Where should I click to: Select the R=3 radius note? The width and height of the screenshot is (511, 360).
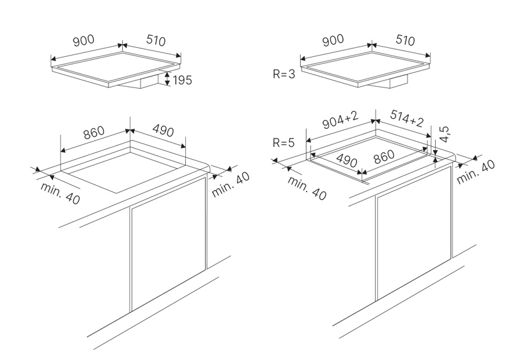[283, 75]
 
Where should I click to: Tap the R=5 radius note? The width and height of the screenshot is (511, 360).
[283, 143]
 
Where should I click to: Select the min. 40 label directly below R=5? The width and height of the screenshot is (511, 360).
[307, 188]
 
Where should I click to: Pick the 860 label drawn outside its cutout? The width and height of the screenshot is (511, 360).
[93, 133]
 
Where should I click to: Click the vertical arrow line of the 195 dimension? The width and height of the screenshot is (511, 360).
[167, 80]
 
